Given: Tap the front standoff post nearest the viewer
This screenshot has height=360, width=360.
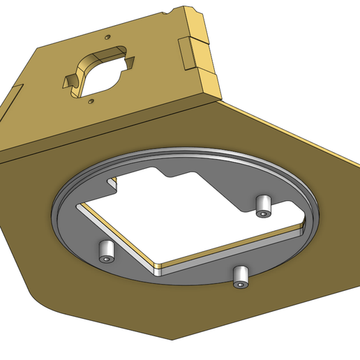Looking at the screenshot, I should coord(241,276).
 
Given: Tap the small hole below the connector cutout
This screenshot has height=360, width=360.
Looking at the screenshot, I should coord(91,102).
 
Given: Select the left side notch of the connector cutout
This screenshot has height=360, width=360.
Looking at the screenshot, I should coord(70,81).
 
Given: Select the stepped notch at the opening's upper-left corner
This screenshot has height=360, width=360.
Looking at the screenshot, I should coord(112,185).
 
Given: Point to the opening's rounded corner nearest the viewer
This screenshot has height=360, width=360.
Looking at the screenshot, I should coord(158,269).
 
